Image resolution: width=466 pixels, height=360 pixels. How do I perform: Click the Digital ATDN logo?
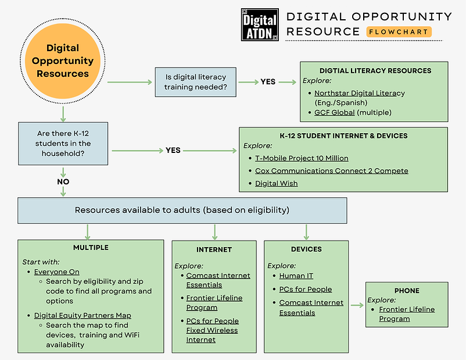pos(260,25)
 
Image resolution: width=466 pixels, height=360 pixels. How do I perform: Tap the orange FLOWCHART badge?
pos(399,32)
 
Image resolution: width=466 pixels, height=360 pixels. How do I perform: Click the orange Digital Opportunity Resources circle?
pos(63,60)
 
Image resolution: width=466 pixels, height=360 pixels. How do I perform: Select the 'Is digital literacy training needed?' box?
pos(195,82)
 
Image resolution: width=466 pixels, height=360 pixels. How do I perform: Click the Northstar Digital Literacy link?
pos(359,93)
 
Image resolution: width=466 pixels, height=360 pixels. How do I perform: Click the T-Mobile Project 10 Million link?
pos(302,158)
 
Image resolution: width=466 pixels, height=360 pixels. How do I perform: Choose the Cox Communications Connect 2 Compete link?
pos(331,171)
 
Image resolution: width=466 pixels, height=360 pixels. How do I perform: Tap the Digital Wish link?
pos(276,183)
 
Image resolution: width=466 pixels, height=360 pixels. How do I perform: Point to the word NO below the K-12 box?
pos(63,181)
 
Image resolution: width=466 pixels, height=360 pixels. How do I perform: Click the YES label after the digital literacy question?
pos(268,82)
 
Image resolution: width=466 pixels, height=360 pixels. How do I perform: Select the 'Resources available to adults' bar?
pos(182,210)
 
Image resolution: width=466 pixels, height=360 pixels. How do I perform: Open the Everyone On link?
pos(56,272)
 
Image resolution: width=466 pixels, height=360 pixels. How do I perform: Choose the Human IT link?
pos(296,276)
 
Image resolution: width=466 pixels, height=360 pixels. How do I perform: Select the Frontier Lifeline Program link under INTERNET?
pos(214,302)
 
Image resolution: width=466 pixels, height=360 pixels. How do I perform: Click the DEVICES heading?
pos(306,249)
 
